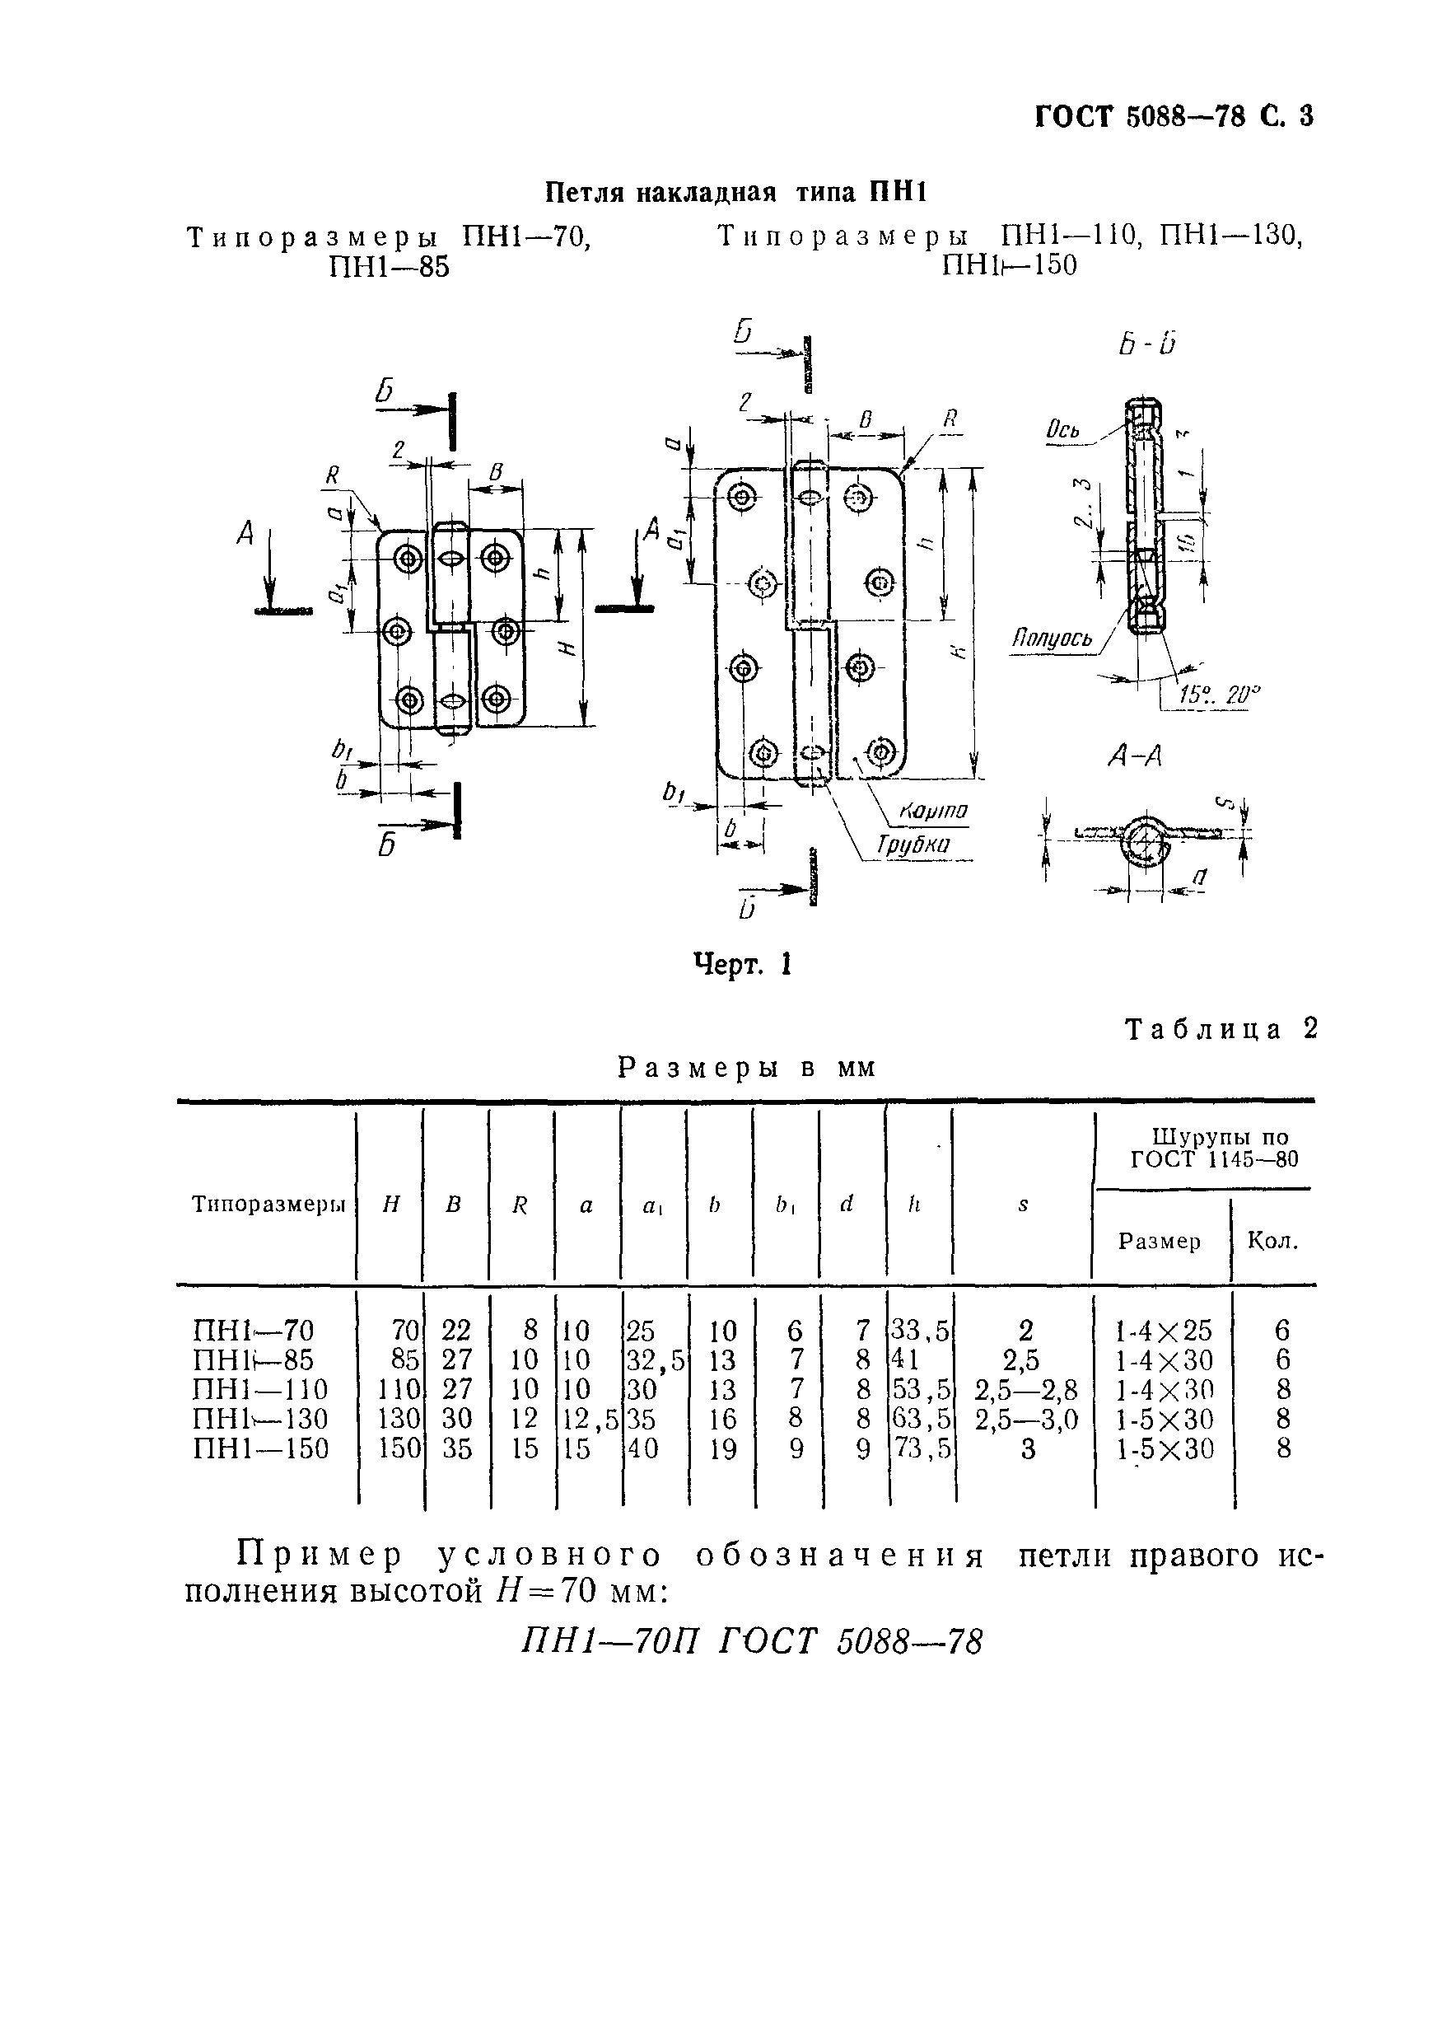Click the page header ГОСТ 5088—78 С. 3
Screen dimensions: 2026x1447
[x=1174, y=117]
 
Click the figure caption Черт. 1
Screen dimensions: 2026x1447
[x=742, y=965]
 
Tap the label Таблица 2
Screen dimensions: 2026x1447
[x=1221, y=1030]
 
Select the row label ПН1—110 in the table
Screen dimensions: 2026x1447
[x=260, y=1390]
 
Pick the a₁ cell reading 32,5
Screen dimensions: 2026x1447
[x=655, y=1360]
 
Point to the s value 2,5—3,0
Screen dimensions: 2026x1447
[x=1026, y=1419]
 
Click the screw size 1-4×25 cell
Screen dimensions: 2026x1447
[x=1164, y=1331]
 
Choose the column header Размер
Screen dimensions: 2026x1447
[x=1160, y=1242]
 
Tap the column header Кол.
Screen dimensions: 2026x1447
[x=1272, y=1241]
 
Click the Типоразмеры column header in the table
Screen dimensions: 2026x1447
[x=268, y=1205]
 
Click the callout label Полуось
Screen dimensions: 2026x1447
[x=1052, y=639]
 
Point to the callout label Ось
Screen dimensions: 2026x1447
[x=1063, y=432]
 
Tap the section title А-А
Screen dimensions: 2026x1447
[x=1134, y=756]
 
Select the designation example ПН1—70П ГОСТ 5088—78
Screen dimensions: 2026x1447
[x=751, y=1641]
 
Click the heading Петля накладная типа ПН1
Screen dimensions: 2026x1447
[x=736, y=193]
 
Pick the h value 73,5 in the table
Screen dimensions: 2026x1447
[x=921, y=1448]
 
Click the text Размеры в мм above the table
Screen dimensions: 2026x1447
[x=747, y=1068]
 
